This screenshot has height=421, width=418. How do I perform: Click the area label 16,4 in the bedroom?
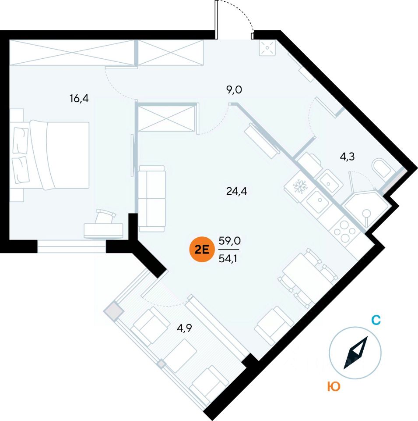(x=79, y=98)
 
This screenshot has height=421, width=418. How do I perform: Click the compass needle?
(x=355, y=353)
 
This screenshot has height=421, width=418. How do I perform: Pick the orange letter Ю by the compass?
(x=334, y=386)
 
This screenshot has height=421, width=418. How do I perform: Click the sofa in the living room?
(x=151, y=199)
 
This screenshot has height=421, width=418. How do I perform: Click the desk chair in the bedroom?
(x=106, y=216)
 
